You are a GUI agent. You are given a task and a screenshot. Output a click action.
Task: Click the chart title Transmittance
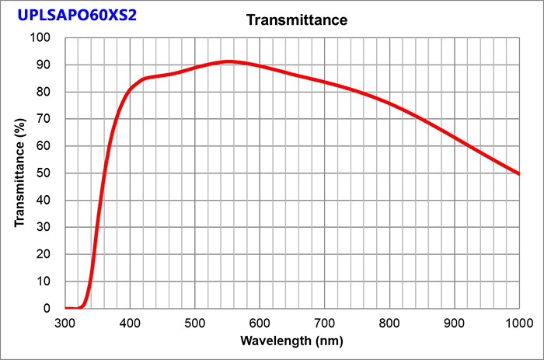(296, 19)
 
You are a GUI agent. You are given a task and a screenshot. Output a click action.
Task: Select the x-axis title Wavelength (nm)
(291, 341)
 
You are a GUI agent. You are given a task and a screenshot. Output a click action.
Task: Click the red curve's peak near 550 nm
(228, 61)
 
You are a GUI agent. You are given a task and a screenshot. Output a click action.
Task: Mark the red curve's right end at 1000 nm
(518, 173)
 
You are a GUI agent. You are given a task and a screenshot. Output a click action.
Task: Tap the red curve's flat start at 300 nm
(68, 308)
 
